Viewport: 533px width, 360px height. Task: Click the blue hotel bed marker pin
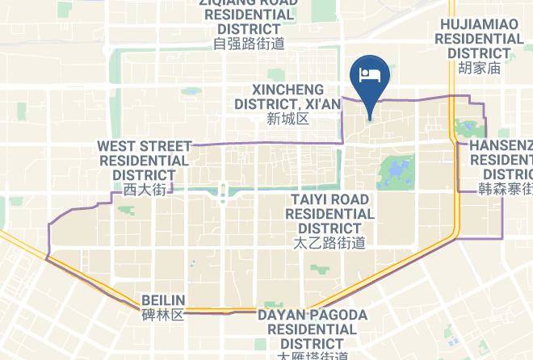click(x=370, y=81)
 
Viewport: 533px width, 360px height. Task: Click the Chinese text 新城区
click(x=287, y=119)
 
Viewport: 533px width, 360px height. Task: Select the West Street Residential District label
click(x=144, y=160)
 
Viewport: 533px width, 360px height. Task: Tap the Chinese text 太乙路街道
click(x=329, y=242)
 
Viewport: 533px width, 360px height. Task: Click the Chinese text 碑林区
click(x=163, y=314)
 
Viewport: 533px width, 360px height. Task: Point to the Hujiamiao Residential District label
click(x=479, y=39)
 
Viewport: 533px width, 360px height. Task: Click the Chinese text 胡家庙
click(x=479, y=69)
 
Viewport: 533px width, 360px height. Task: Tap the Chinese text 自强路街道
click(x=250, y=44)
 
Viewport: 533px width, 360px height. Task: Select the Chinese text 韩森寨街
click(x=506, y=190)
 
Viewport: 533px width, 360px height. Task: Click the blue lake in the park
click(x=392, y=172)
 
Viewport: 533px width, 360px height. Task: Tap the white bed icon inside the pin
click(x=370, y=75)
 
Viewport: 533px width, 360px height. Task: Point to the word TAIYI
click(x=311, y=199)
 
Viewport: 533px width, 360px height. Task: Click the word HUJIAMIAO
click(x=479, y=24)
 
